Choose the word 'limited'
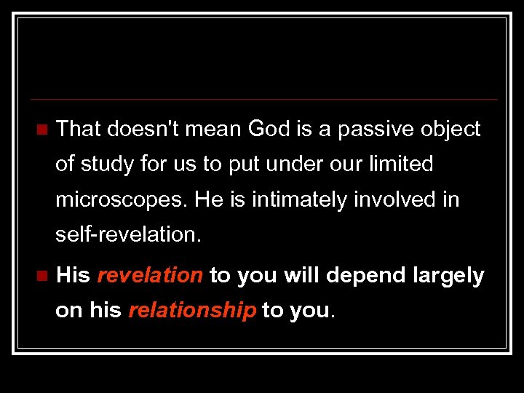pos(399,164)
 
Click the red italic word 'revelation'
pos(150,276)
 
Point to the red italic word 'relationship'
pos(192,311)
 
